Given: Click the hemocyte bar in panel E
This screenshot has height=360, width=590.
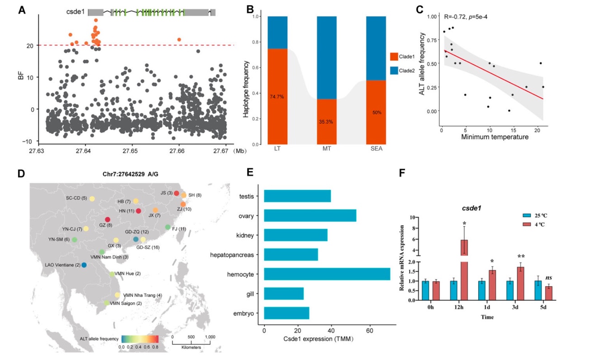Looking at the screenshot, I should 327,274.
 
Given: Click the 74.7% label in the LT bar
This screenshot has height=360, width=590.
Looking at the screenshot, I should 277,97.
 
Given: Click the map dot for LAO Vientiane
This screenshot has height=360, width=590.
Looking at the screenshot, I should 84,265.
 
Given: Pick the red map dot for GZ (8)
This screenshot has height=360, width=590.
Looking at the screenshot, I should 108,220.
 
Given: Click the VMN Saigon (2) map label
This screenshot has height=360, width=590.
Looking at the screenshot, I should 126,303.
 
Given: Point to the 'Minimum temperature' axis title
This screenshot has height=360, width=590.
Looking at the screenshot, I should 494,137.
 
